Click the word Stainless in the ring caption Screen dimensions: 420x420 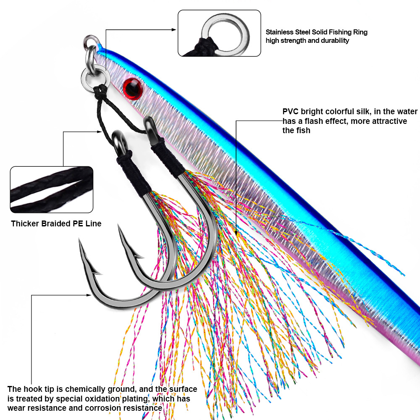(280, 32)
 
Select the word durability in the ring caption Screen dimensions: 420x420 (334, 41)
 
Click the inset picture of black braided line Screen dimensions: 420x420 (52, 189)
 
